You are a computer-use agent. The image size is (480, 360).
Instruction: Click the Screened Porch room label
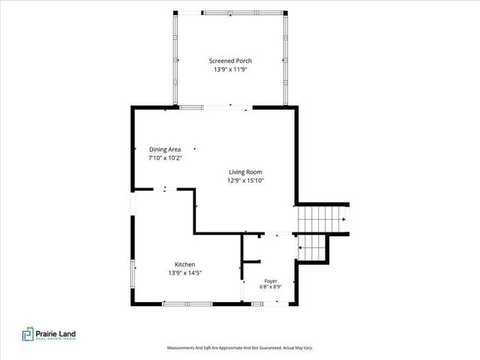pyautogui.click(x=230, y=61)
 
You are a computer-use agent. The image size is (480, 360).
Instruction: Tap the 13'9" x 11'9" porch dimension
pyautogui.click(x=230, y=70)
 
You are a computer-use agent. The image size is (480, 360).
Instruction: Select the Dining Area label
pyautogui.click(x=165, y=149)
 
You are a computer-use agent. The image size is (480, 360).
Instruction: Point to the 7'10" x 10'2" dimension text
pyautogui.click(x=165, y=158)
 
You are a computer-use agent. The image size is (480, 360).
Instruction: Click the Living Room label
pyautogui.click(x=245, y=172)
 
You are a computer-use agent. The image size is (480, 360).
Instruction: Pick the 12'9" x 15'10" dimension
pyautogui.click(x=245, y=181)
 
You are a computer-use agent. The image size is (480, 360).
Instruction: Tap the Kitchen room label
pyautogui.click(x=185, y=265)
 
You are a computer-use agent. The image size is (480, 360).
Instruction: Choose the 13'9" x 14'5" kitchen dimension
pyautogui.click(x=185, y=273)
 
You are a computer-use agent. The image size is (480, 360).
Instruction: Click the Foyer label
pyautogui.click(x=271, y=281)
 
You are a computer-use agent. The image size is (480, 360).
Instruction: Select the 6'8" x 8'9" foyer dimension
pyautogui.click(x=271, y=286)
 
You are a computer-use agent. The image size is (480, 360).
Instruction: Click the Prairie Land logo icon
pyautogui.click(x=28, y=334)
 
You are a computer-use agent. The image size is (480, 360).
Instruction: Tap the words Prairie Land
pyautogui.click(x=55, y=334)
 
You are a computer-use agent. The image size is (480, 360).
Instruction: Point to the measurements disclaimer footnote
pyautogui.click(x=240, y=348)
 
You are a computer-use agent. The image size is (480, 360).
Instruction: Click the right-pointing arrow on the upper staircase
pyautogui.click(x=343, y=220)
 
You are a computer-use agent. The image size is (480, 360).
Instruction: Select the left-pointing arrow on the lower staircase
pyautogui.click(x=300, y=247)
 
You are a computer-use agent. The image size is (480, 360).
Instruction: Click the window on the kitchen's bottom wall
pyautogui.click(x=187, y=304)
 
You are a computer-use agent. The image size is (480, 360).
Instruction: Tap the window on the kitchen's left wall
pyautogui.click(x=133, y=274)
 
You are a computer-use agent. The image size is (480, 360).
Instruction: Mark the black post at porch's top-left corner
pyautogui.click(x=175, y=13)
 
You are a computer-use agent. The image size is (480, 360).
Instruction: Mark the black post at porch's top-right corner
pyautogui.click(x=285, y=13)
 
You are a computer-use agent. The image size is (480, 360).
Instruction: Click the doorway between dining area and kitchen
pyautogui.click(x=165, y=190)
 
